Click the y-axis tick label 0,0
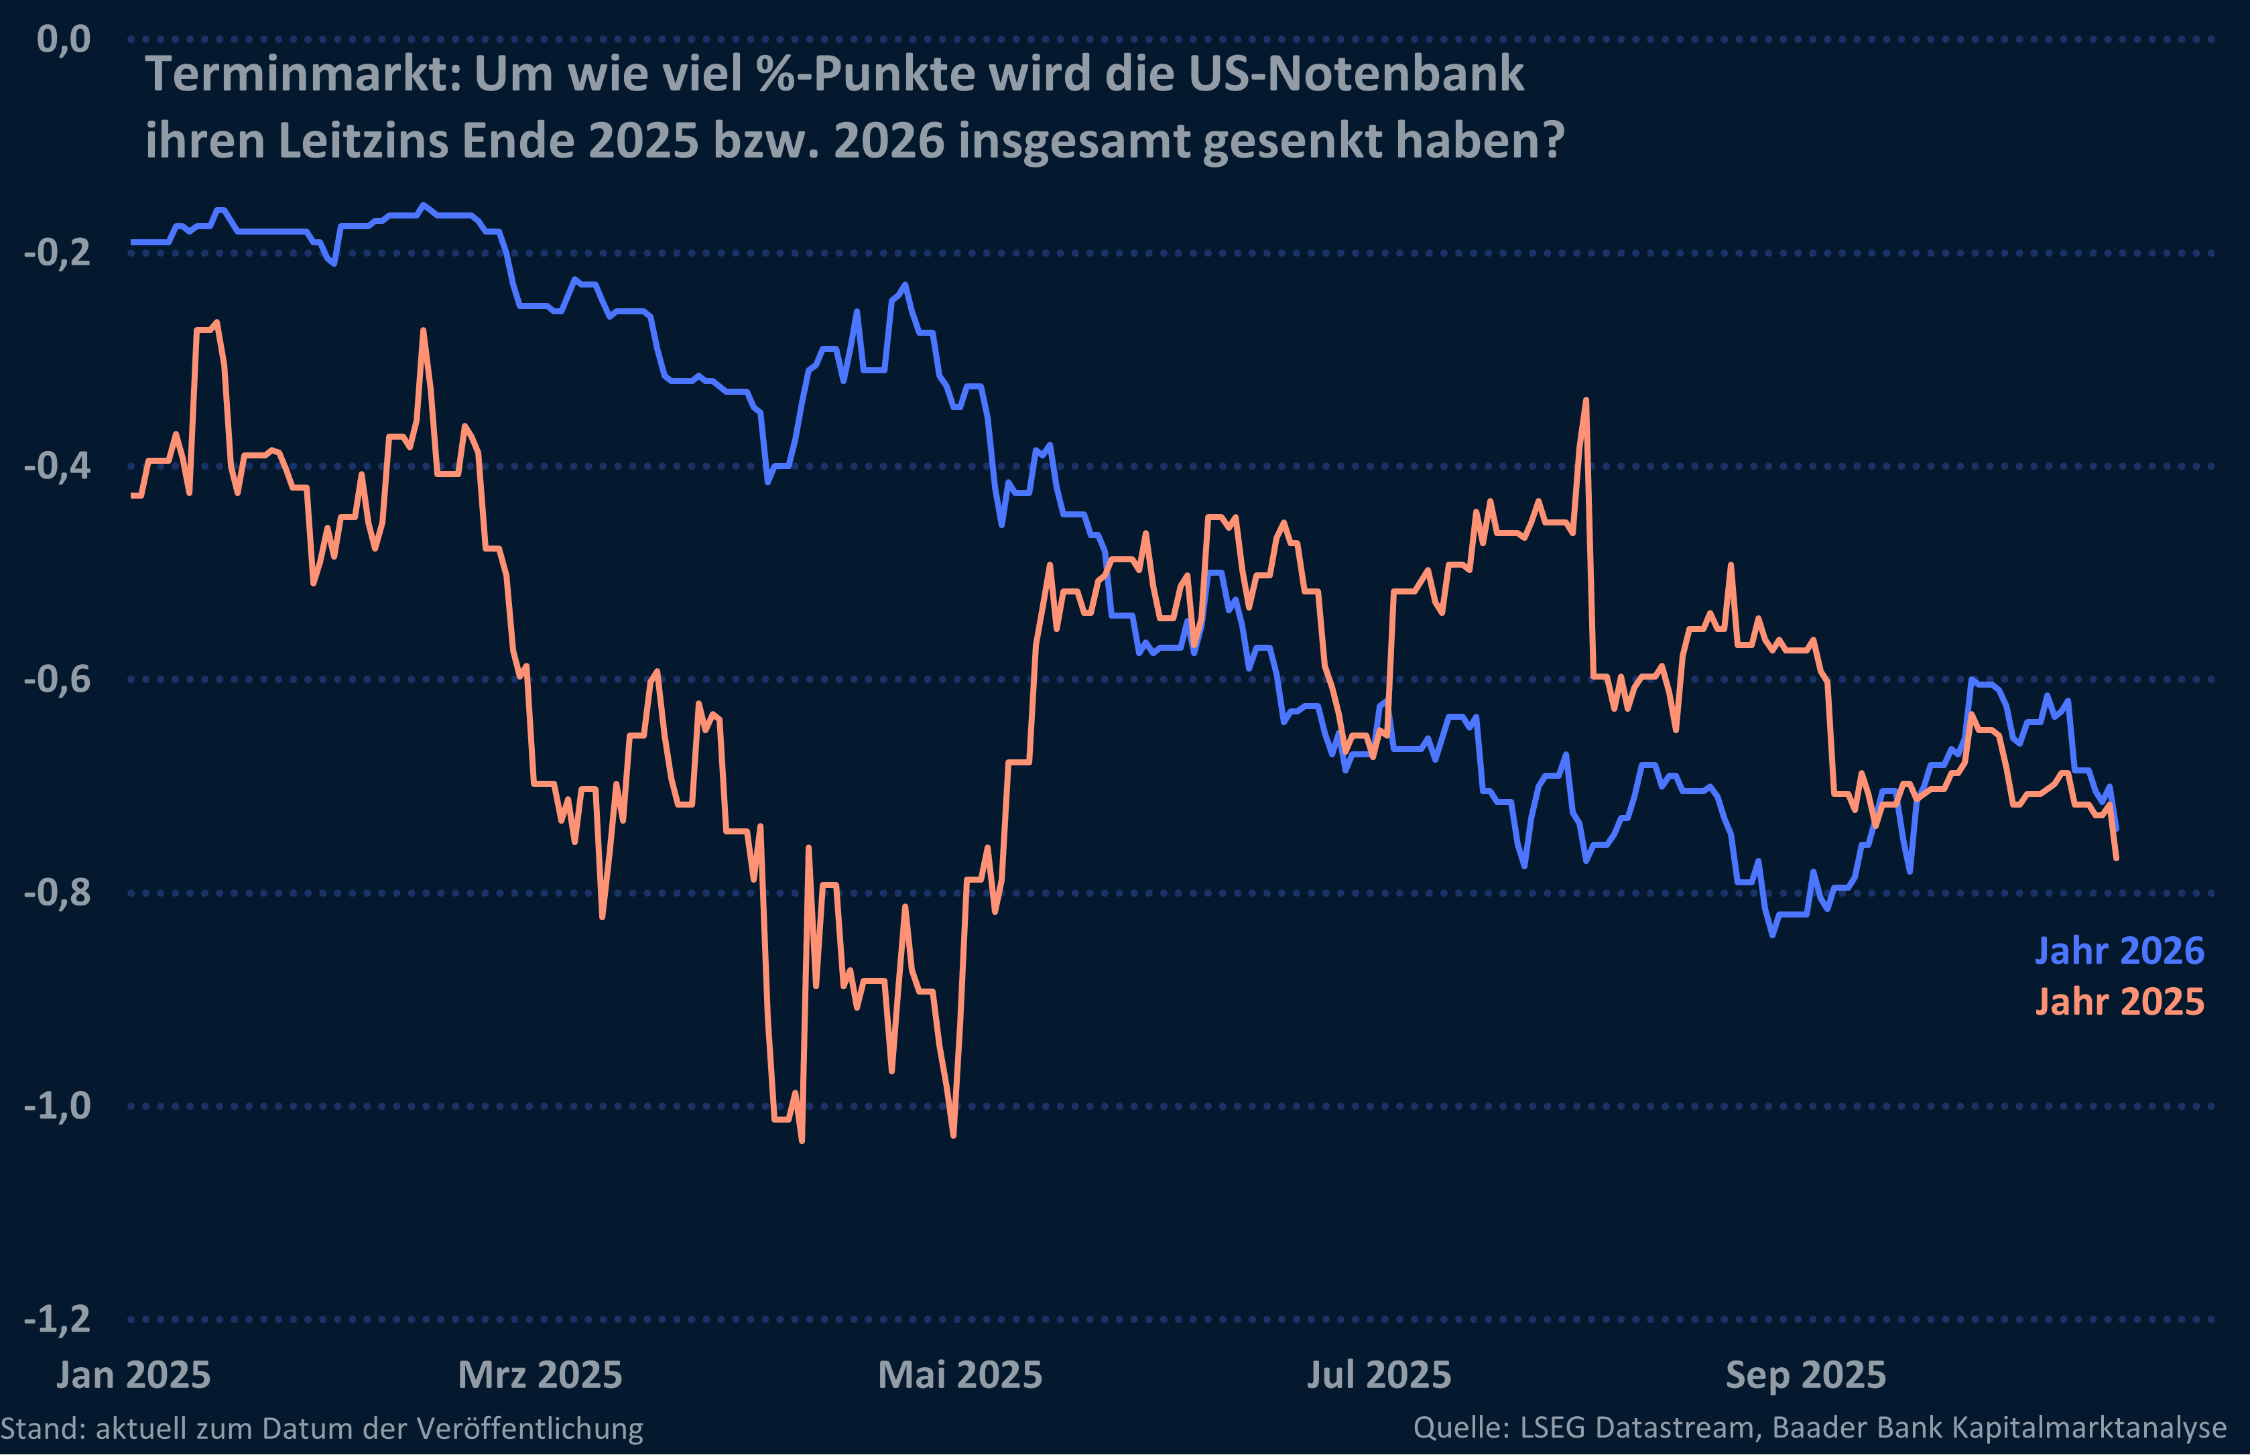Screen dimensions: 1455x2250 click(63, 40)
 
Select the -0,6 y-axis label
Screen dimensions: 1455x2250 click(58, 680)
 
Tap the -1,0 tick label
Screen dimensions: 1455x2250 click(58, 1105)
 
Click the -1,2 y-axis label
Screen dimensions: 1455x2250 click(58, 1319)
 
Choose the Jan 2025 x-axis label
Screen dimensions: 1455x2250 click(133, 1375)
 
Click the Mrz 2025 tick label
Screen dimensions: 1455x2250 click(540, 1375)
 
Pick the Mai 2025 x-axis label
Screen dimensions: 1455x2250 click(960, 1375)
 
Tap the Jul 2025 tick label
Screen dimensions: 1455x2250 click(1378, 1375)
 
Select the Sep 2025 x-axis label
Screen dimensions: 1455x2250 click(1805, 1375)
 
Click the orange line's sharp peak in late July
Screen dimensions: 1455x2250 click(1586, 401)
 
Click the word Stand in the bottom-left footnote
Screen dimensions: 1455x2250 click(42, 1428)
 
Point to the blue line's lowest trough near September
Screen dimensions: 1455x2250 click(1772, 934)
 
